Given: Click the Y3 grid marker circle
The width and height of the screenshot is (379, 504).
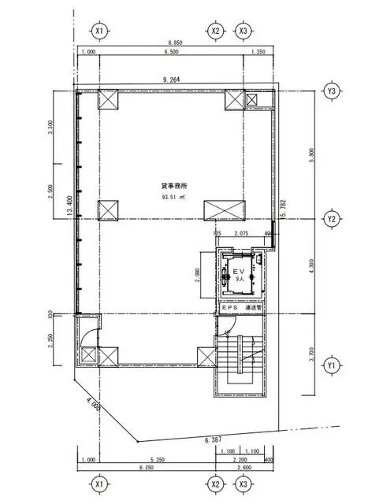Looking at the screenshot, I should (332, 91).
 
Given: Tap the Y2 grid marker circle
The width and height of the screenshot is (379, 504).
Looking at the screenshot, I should (332, 218).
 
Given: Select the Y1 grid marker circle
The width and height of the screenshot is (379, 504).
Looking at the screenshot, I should (332, 365).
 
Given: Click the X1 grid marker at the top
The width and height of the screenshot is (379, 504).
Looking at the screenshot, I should (99, 31).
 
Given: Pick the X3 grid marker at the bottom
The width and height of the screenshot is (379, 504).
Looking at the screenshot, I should (244, 483).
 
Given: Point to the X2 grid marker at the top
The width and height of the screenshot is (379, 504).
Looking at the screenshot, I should (215, 31).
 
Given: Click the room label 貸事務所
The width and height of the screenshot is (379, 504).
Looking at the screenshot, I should (174, 186).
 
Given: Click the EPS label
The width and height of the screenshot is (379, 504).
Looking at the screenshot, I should (230, 308).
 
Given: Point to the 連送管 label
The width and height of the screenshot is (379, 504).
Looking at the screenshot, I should (254, 308).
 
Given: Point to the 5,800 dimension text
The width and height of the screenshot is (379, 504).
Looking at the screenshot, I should (314, 157).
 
